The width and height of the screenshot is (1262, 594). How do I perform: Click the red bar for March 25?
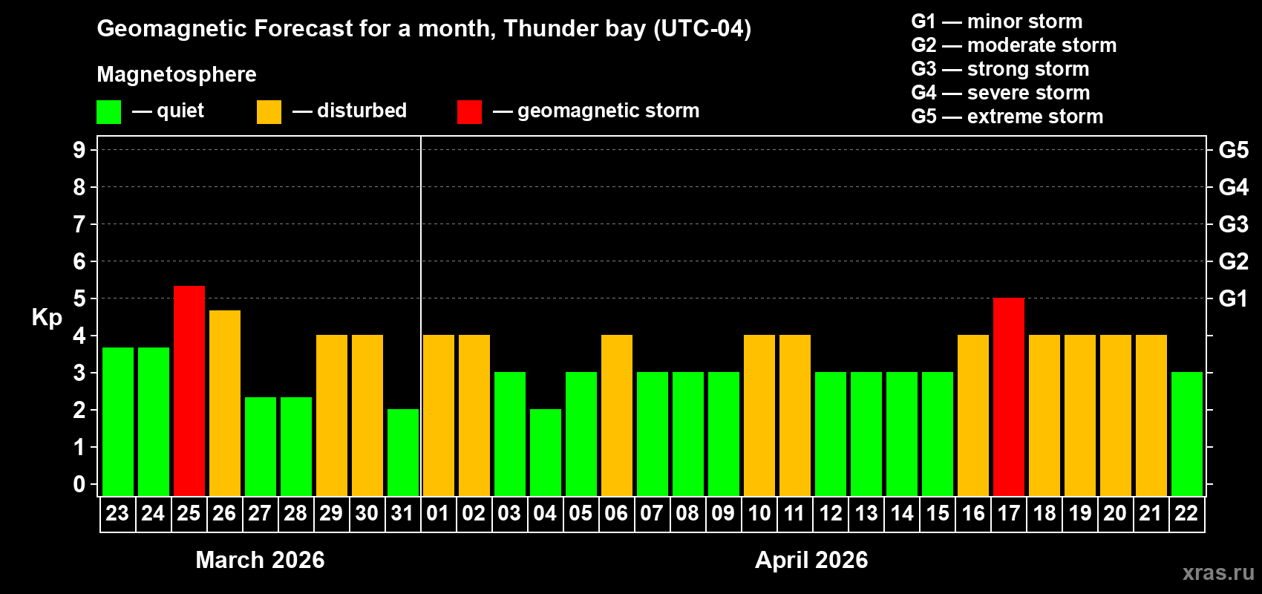[189, 391]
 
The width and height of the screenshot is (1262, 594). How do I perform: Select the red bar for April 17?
[1009, 396]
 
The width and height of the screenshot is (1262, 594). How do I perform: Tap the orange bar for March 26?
[225, 403]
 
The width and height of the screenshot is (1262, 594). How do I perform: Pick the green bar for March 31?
[403, 452]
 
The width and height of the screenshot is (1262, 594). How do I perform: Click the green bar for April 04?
[546, 452]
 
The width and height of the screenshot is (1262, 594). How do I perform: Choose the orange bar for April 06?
[617, 415]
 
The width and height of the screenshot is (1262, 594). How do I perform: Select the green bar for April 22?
[1187, 434]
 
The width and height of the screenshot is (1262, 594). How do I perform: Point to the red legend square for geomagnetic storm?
[469, 112]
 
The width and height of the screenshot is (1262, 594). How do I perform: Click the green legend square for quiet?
[109, 112]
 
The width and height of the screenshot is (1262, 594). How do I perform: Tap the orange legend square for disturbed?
[269, 112]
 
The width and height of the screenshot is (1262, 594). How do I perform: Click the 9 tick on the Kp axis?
[79, 150]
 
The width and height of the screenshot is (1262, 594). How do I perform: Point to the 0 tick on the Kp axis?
[79, 484]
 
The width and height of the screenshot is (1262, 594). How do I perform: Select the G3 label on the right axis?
[1233, 224]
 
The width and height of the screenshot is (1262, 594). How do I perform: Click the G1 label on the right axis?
[1233, 298]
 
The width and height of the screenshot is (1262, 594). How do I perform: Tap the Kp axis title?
[47, 318]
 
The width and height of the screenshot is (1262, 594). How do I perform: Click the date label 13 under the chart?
[866, 514]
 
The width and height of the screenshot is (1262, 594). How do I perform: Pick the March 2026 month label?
[260, 560]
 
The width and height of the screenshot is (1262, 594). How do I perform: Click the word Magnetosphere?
[177, 74]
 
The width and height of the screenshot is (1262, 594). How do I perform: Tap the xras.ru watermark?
[1217, 572]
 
